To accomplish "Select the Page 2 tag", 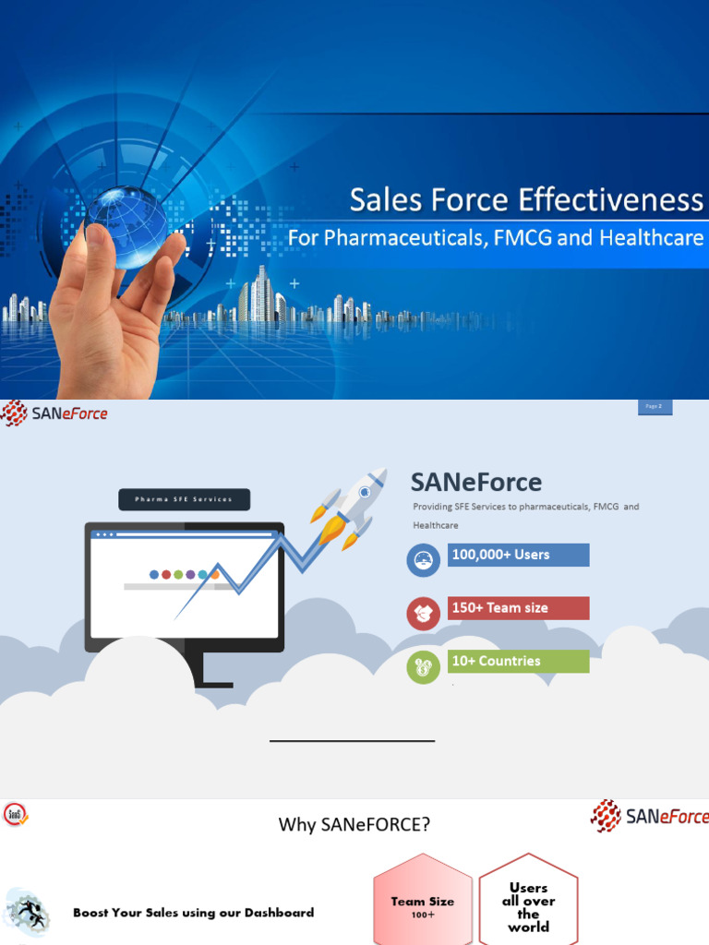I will (x=655, y=407).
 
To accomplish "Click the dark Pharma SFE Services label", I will (x=184, y=499).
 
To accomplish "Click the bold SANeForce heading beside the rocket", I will (x=475, y=482).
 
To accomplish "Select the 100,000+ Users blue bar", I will (x=519, y=555).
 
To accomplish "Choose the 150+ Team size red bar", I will (x=519, y=608).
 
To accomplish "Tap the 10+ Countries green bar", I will (x=519, y=661).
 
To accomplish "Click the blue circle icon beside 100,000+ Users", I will (x=423, y=560).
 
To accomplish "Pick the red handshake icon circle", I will (x=423, y=614).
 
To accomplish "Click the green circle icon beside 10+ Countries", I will (x=423, y=667).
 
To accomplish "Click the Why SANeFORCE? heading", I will (x=354, y=824).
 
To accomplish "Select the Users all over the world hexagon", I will (x=528, y=905).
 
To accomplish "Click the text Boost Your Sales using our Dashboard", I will (x=193, y=913).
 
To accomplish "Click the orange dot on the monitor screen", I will (x=215, y=574).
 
